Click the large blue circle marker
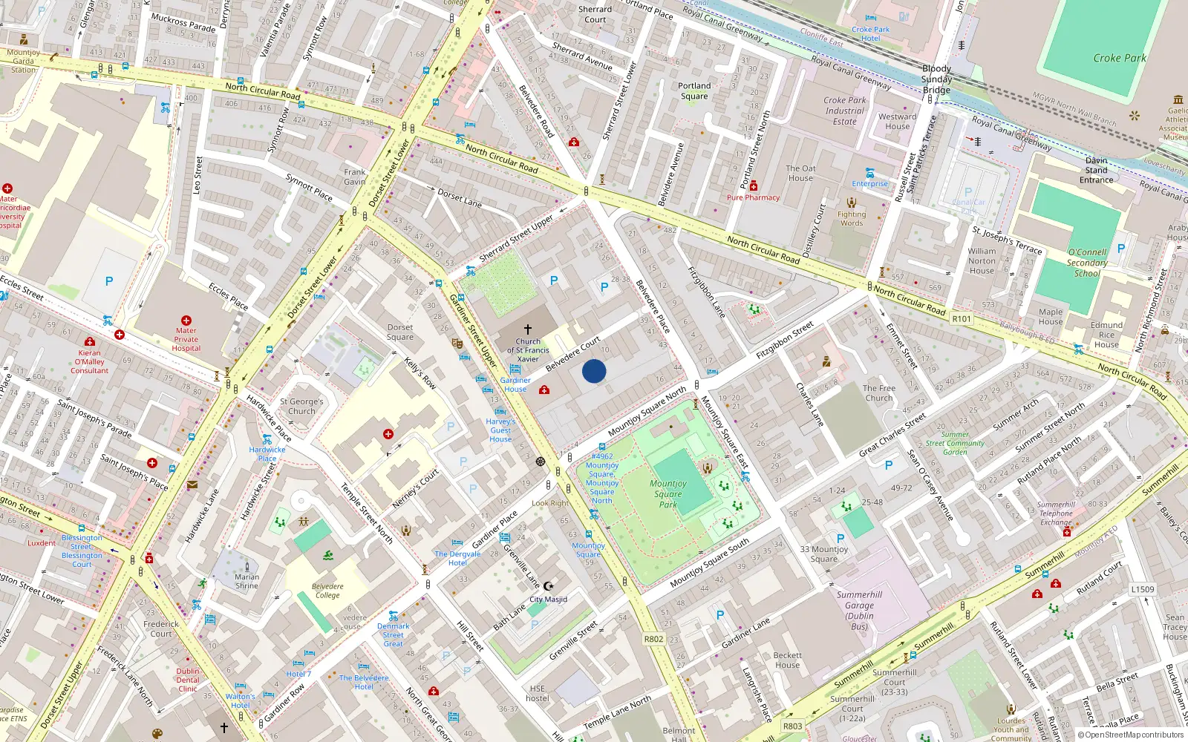point(594,371)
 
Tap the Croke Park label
point(1120,58)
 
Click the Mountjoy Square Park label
point(668,493)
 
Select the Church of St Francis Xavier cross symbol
point(528,329)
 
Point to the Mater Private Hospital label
point(186,339)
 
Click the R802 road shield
point(653,639)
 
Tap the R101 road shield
point(962,318)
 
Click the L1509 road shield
point(1143,589)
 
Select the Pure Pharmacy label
point(753,197)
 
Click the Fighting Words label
point(852,218)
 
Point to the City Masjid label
point(548,599)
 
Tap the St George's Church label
point(301,406)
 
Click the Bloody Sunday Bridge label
point(936,79)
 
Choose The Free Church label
point(879,393)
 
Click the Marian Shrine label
point(247,581)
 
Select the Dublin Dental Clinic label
point(188,680)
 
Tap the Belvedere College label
point(327,591)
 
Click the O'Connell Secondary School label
point(1087,263)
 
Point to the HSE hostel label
point(538,693)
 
